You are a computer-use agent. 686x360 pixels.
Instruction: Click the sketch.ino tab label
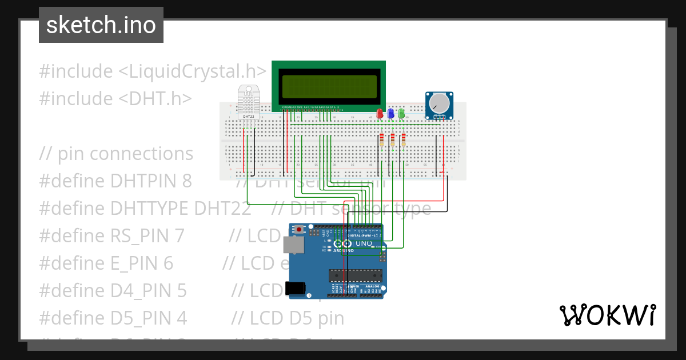click(101, 25)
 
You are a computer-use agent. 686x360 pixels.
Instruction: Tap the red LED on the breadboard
click(380, 113)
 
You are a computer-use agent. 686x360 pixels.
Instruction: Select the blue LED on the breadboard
click(391, 113)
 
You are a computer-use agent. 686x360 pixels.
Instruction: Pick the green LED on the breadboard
click(401, 113)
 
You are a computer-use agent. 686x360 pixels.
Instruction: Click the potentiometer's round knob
click(440, 103)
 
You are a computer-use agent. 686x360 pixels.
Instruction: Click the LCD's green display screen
click(328, 86)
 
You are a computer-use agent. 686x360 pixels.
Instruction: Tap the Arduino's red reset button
click(299, 230)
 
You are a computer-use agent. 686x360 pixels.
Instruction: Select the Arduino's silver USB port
click(294, 246)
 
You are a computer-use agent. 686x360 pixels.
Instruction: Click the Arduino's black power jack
click(297, 289)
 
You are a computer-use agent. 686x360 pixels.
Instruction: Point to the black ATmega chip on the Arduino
click(355, 275)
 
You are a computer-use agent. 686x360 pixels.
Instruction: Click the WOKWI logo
click(607, 315)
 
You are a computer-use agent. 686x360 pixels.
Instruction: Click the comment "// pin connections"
click(116, 154)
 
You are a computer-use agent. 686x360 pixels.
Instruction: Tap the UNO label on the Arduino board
click(364, 243)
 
